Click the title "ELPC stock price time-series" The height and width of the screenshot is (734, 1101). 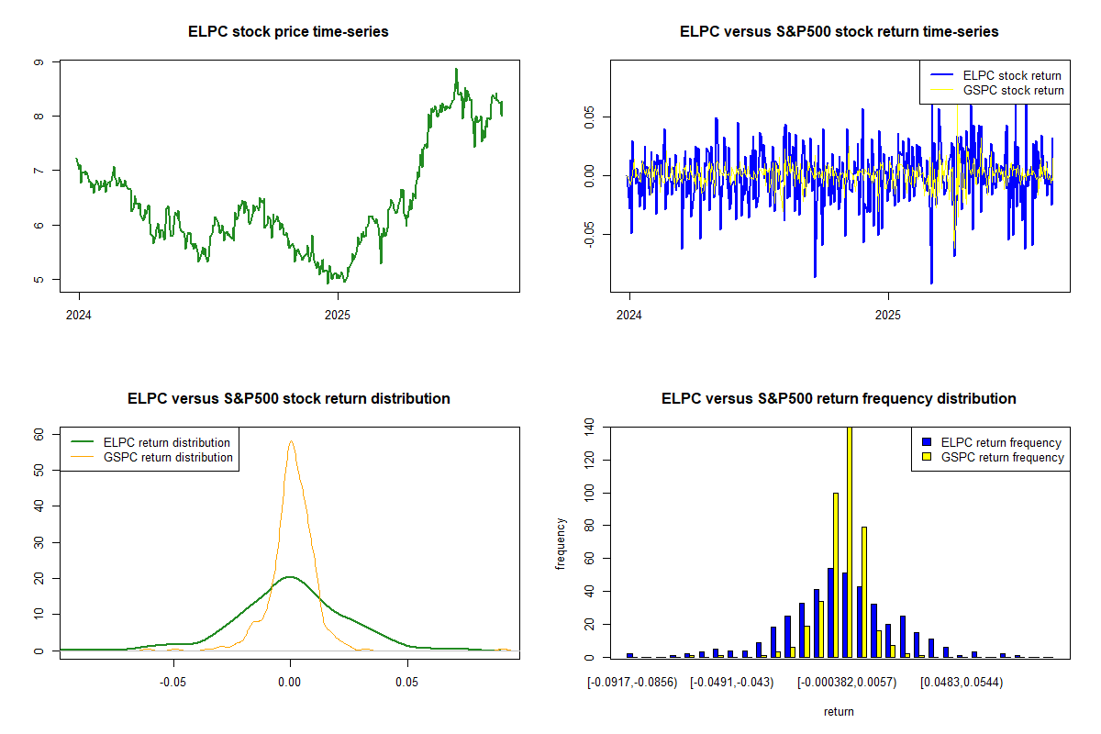(x=288, y=32)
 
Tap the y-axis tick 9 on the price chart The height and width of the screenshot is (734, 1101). (x=38, y=62)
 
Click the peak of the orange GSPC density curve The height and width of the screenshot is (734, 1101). (x=291, y=441)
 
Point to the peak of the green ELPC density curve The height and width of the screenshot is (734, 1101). (x=290, y=577)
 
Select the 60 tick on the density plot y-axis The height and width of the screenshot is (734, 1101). (x=38, y=434)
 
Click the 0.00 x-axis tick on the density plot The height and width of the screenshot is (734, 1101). (x=290, y=683)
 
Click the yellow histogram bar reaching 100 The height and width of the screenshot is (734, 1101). (x=835, y=575)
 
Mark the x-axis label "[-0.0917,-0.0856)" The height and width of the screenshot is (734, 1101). (x=632, y=683)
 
